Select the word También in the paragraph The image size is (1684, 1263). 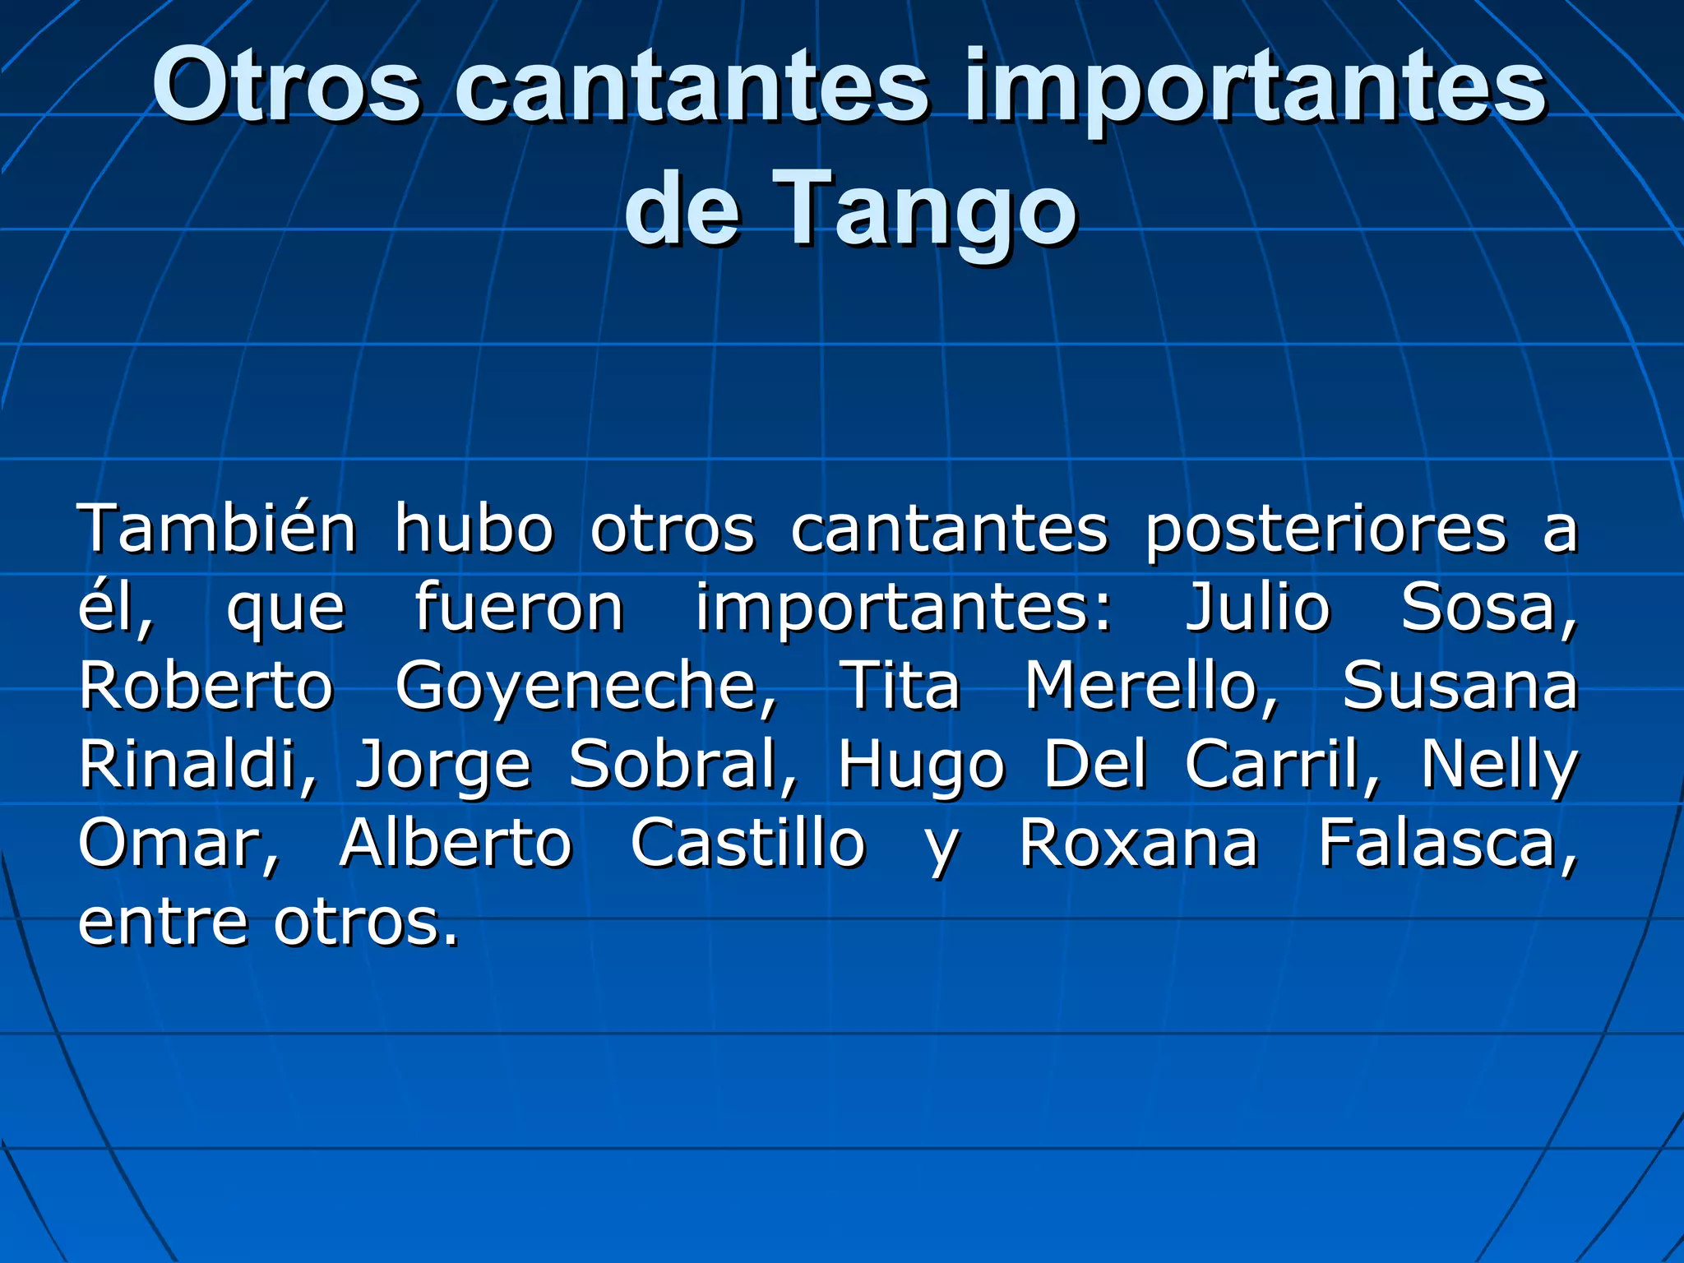(x=217, y=528)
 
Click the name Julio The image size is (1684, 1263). (x=1257, y=607)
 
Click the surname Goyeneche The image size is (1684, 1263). (x=585, y=686)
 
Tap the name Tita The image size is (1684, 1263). (x=901, y=684)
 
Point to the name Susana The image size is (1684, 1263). (x=1460, y=686)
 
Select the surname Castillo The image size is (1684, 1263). (x=747, y=843)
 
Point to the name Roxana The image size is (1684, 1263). (x=1139, y=843)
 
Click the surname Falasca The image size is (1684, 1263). (x=1447, y=843)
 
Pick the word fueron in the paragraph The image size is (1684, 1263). (x=519, y=607)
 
